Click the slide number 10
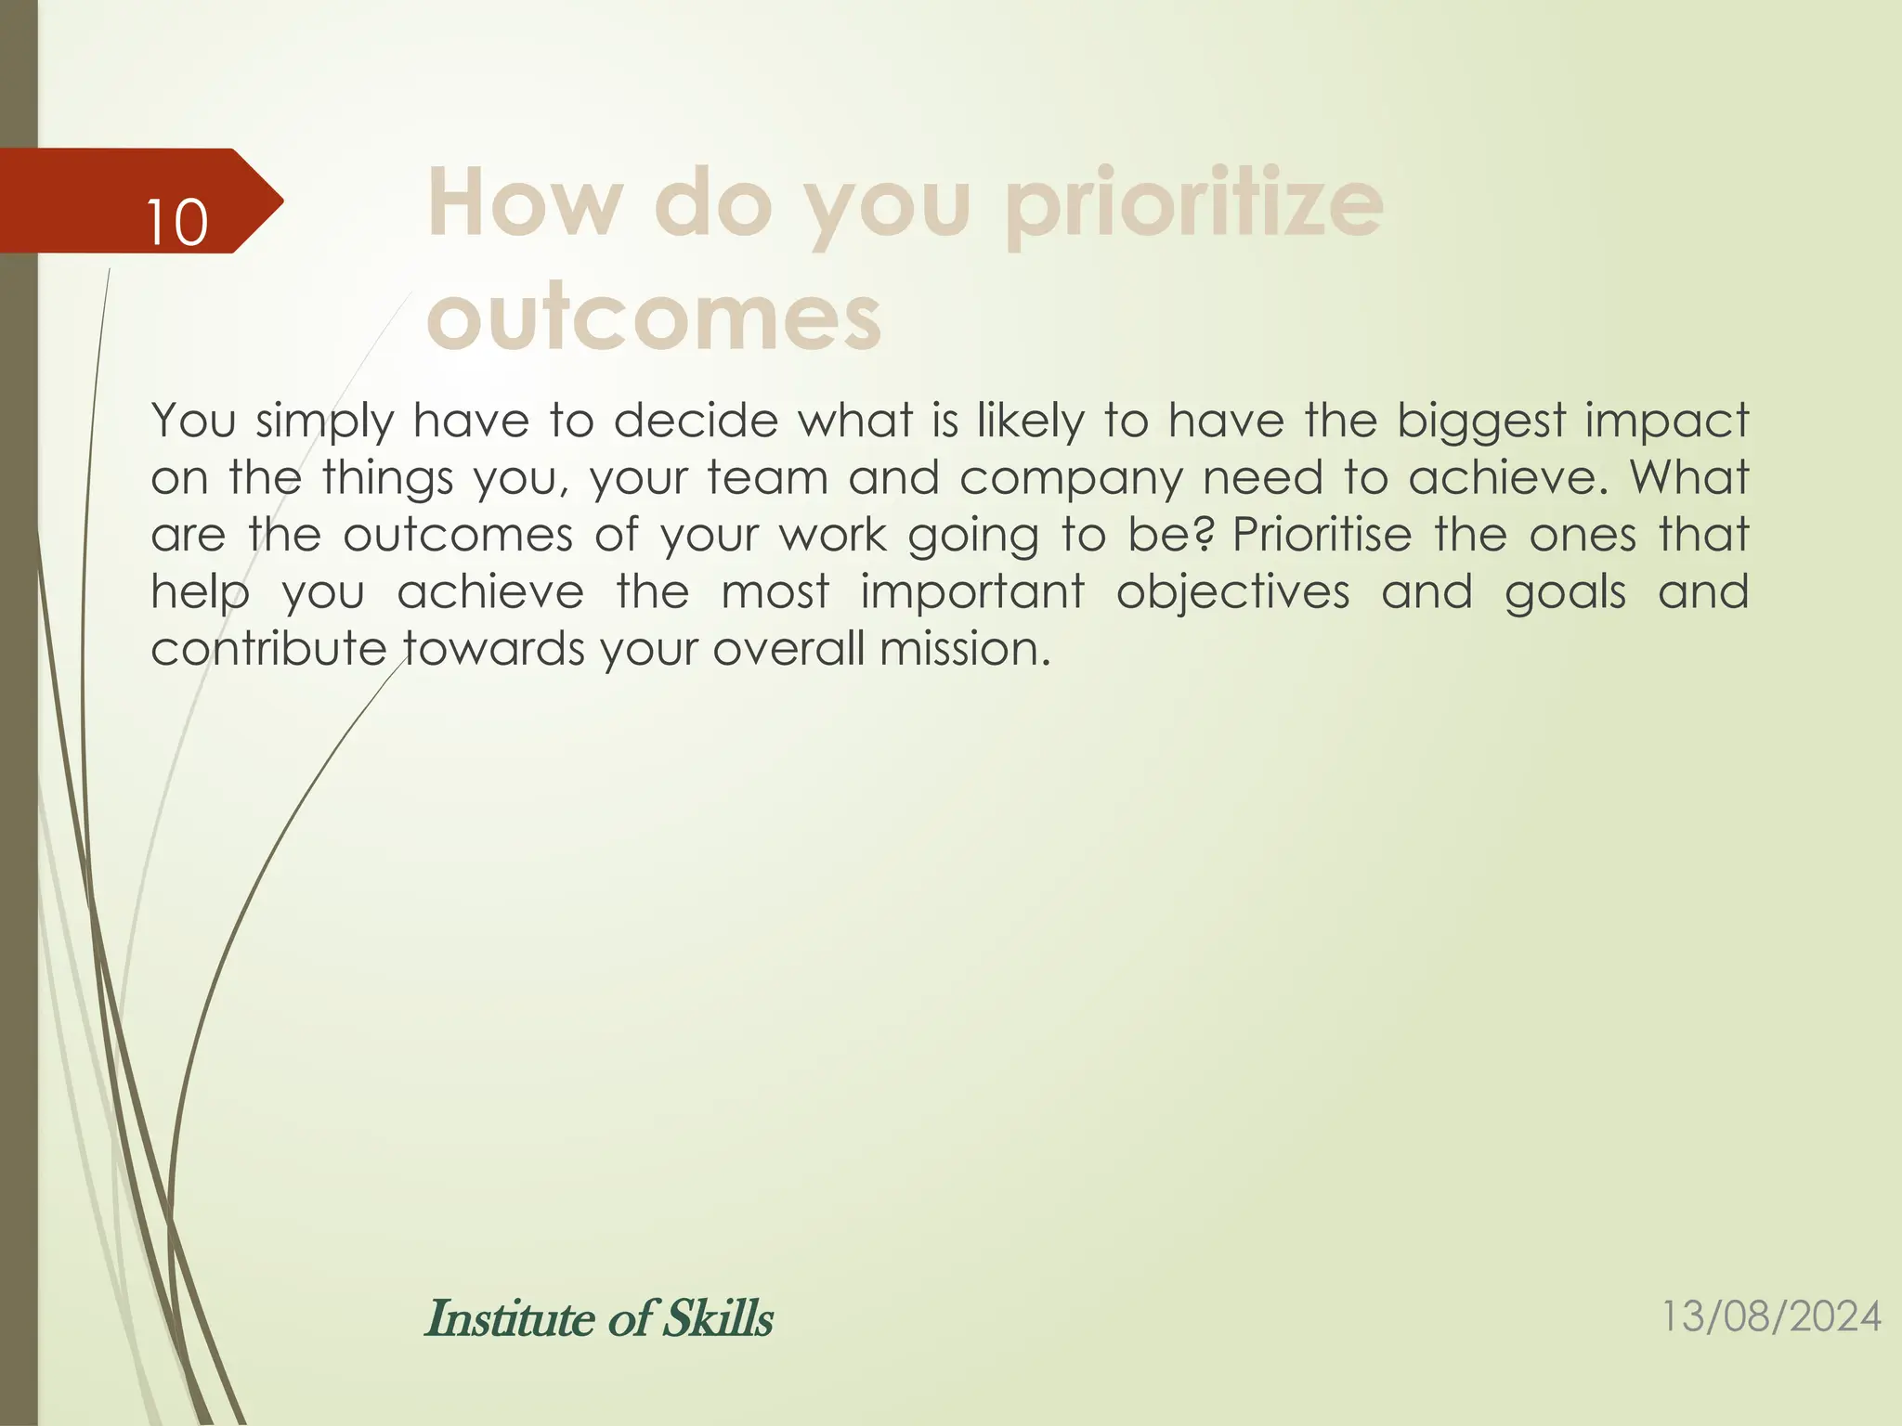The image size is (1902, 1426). pyautogui.click(x=176, y=224)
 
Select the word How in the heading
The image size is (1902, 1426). pyautogui.click(x=525, y=204)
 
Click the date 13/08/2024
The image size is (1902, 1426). pyautogui.click(x=1770, y=1316)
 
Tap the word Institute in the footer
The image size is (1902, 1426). pyautogui.click(x=510, y=1318)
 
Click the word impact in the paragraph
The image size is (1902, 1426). pyautogui.click(x=1666, y=421)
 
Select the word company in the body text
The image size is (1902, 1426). pyautogui.click(x=1071, y=478)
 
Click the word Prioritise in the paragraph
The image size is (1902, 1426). pyautogui.click(x=1322, y=535)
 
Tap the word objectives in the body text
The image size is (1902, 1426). pyautogui.click(x=1232, y=592)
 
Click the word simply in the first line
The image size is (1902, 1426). pyautogui.click(x=325, y=421)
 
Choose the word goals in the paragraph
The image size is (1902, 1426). pyautogui.click(x=1565, y=592)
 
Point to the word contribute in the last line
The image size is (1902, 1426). pyautogui.click(x=268, y=649)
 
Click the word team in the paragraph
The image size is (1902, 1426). pyautogui.click(x=766, y=478)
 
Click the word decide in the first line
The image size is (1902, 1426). pyautogui.click(x=696, y=421)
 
